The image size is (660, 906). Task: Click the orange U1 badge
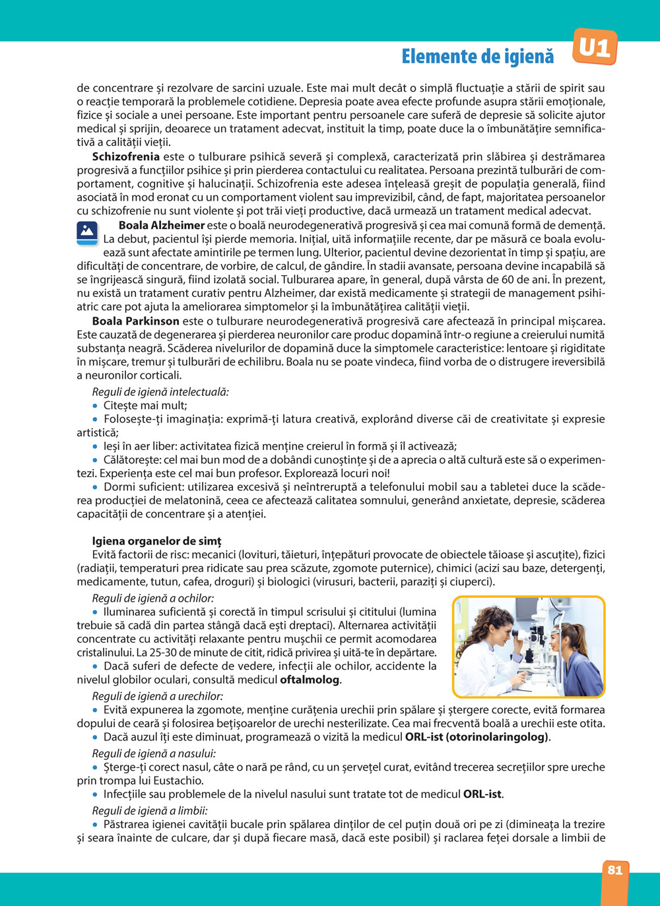[595, 48]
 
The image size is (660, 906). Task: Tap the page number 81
[615, 870]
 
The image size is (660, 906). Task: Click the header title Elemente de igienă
[477, 57]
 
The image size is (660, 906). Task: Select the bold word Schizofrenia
[125, 156]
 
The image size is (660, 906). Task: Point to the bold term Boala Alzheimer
[162, 225]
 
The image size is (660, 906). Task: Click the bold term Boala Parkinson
[136, 321]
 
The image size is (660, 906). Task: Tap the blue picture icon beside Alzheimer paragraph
[87, 233]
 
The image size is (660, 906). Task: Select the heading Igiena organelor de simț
[156, 541]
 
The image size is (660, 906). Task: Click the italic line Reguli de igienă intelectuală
[160, 392]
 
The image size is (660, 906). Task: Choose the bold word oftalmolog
[310, 680]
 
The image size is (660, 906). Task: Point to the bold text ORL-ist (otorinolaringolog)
[477, 737]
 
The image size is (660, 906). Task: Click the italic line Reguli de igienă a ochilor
[153, 599]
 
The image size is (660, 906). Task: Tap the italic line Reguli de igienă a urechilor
[158, 696]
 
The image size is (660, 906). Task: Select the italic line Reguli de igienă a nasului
[154, 754]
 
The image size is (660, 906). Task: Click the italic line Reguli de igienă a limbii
[150, 811]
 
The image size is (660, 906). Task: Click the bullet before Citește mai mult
[96, 406]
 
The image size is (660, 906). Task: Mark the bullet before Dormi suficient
[96, 487]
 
